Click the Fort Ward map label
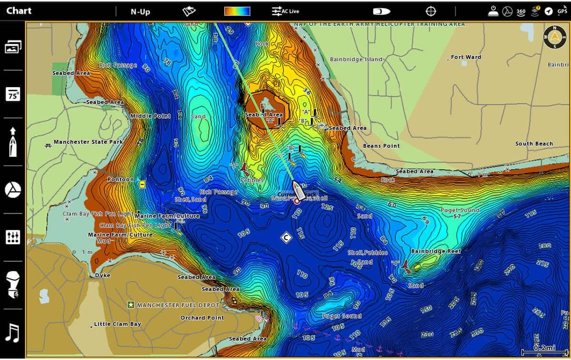(x=466, y=57)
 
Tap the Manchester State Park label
(x=88, y=142)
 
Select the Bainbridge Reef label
(x=436, y=251)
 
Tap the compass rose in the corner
(x=555, y=37)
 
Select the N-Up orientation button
(x=140, y=11)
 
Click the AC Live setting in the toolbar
(x=285, y=11)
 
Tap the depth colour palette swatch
(x=237, y=11)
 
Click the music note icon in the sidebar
(x=13, y=333)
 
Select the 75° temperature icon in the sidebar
(x=13, y=94)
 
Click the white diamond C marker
(x=285, y=237)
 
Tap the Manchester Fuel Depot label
(x=178, y=305)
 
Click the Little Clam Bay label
(x=117, y=324)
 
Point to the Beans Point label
(x=381, y=146)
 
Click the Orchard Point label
(x=202, y=318)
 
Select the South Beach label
(x=534, y=143)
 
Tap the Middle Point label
(x=150, y=116)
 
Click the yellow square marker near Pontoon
(x=142, y=184)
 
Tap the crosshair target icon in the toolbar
(x=431, y=11)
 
